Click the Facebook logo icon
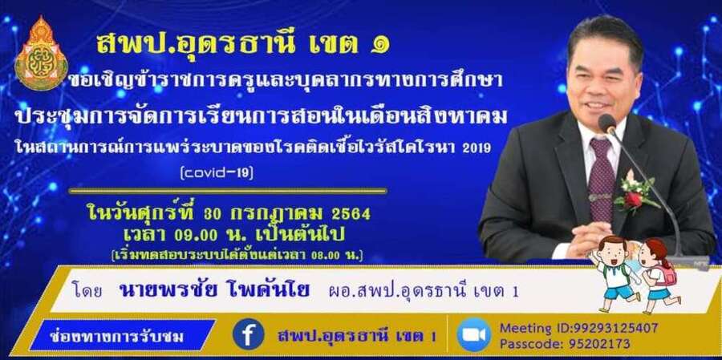pos(248,334)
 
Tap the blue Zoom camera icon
pos(473,334)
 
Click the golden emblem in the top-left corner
pos(41,53)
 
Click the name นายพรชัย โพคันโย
pos(214,290)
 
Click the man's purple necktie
pos(602,180)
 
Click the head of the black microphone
pos(607,123)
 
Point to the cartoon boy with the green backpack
pos(614,273)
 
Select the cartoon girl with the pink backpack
pos(658,276)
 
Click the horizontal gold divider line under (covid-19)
pos(228,190)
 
